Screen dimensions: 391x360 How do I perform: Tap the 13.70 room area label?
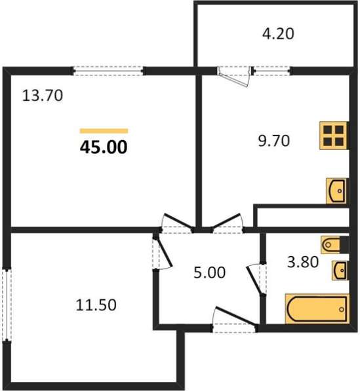42,96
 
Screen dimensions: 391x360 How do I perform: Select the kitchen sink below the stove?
336,191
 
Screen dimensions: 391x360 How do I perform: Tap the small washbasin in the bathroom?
339,269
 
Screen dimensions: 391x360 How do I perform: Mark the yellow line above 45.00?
104,130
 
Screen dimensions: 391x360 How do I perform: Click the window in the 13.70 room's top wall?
108,68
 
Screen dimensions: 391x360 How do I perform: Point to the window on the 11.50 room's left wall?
6,305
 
